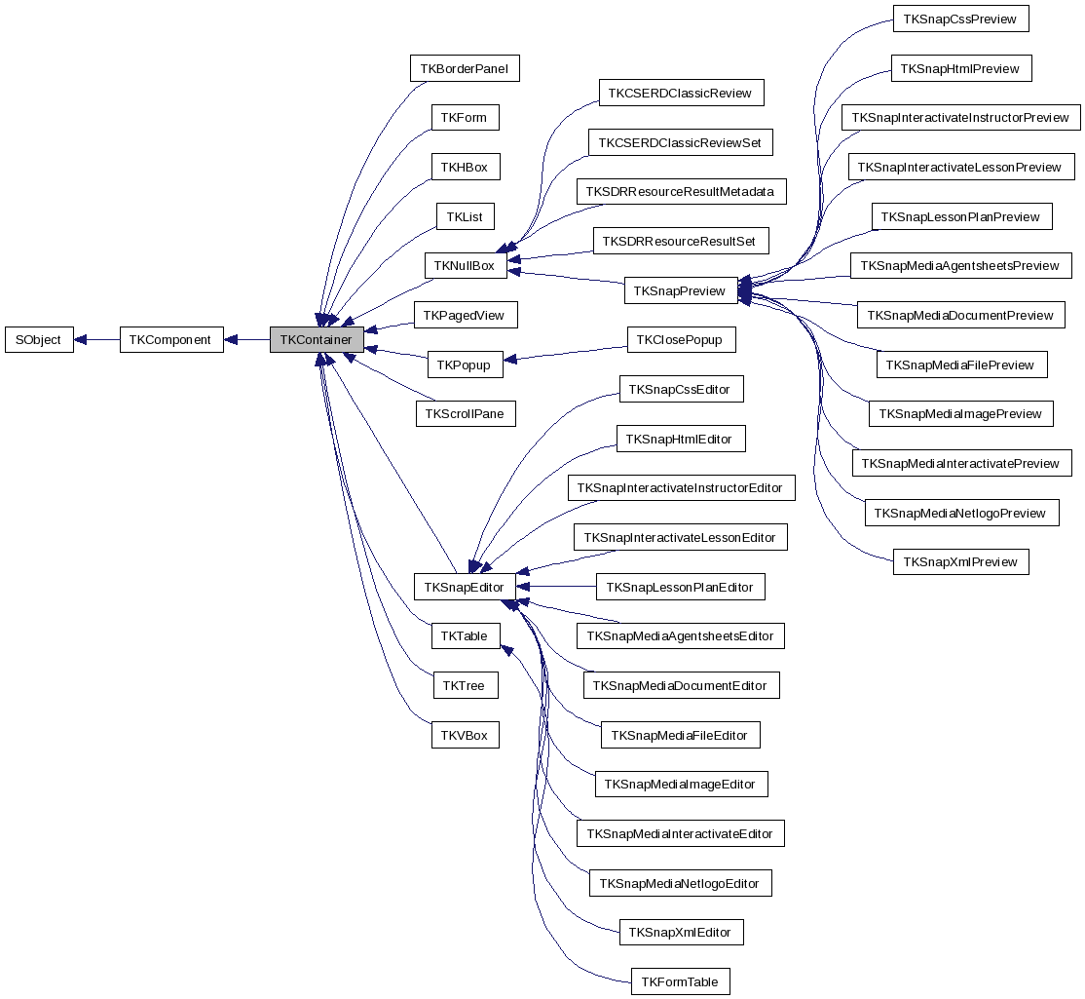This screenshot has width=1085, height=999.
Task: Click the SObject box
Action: (39, 340)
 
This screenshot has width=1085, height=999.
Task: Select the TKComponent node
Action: (171, 340)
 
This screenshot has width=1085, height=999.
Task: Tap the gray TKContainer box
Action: (317, 340)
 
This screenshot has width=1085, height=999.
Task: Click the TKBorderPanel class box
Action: (465, 68)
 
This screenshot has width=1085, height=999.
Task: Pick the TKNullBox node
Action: (465, 265)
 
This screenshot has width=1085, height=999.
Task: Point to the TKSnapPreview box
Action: (679, 290)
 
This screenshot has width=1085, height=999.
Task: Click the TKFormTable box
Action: (680, 981)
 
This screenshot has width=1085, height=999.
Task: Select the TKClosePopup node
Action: (681, 340)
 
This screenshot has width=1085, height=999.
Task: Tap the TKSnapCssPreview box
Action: (960, 19)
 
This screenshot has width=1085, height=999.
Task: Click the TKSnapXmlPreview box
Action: (960, 561)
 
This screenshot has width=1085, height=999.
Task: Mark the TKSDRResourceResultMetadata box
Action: (681, 191)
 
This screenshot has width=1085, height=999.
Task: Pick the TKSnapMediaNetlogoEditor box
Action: (680, 883)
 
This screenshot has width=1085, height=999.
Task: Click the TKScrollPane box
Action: (466, 413)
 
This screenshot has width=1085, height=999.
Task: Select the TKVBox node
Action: (465, 735)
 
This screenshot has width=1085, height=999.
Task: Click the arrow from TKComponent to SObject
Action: (96, 340)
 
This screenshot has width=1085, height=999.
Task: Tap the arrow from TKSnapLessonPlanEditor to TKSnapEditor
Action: (556, 587)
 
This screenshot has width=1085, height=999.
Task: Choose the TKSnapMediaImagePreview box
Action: (960, 413)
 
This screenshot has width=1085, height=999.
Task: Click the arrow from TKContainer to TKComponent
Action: (247, 340)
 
